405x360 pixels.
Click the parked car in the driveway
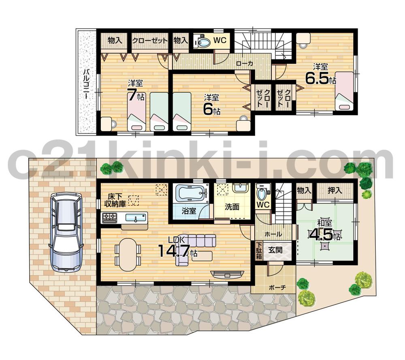tap(66, 233)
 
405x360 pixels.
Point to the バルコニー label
tap(86, 84)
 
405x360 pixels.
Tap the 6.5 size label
tap(318, 78)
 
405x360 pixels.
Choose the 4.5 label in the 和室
tap(322, 235)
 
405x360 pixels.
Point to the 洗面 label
tap(232, 207)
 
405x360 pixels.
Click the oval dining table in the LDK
tap(127, 254)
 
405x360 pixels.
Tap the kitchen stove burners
tap(109, 218)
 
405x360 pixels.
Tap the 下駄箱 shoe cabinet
tap(258, 251)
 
